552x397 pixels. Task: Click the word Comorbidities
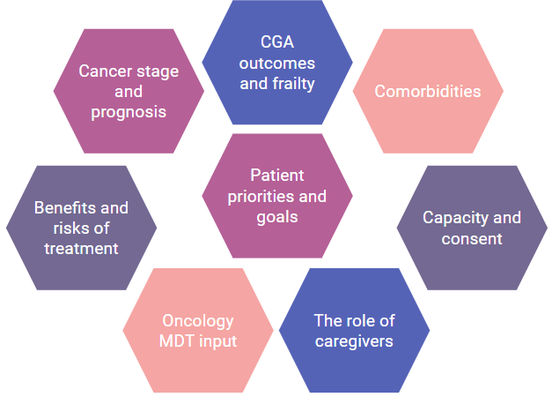point(428,91)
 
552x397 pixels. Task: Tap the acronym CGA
point(277,42)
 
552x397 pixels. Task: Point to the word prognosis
point(128,112)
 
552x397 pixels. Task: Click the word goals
point(277,216)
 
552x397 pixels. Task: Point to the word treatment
point(81,249)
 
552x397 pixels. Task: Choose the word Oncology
point(198,320)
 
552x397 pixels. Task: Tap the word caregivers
point(354,341)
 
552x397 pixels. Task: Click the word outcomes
point(277,64)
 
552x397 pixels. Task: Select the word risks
point(63,228)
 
